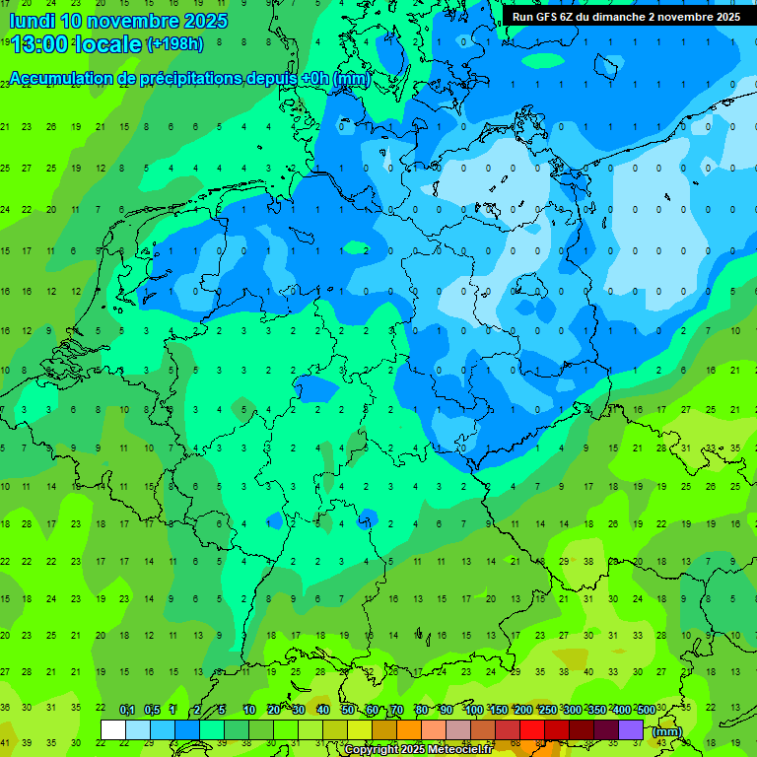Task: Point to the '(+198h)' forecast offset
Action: (x=175, y=44)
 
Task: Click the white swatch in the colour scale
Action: (x=113, y=729)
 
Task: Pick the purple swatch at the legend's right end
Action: (x=631, y=729)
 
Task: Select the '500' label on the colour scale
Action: (x=646, y=710)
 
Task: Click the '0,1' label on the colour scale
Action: (x=127, y=710)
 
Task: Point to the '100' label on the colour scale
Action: (x=473, y=710)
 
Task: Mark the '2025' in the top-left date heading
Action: (x=204, y=21)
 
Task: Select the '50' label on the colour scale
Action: (x=348, y=710)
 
